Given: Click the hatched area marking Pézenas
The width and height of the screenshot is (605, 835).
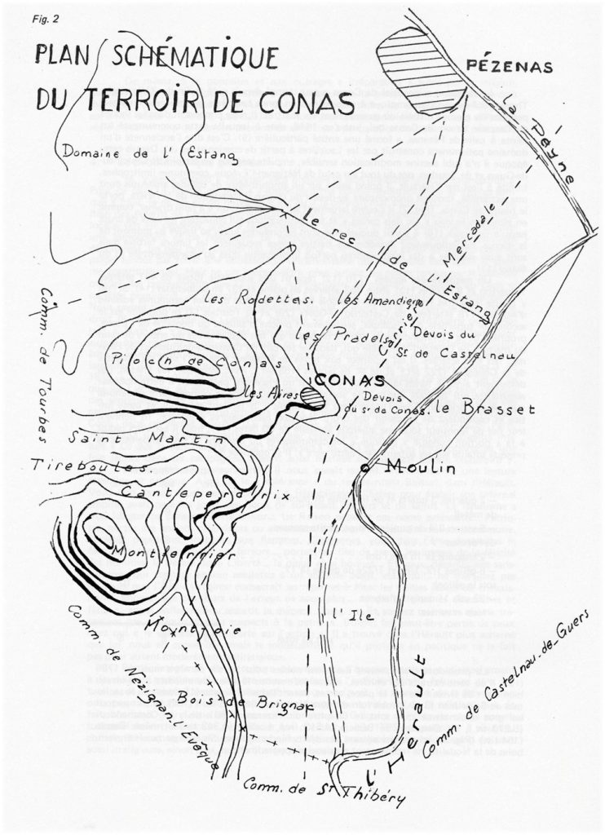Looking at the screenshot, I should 416,70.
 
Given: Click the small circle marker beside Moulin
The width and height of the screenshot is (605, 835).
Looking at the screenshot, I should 364,468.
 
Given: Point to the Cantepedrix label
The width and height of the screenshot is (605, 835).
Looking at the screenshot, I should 195,494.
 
